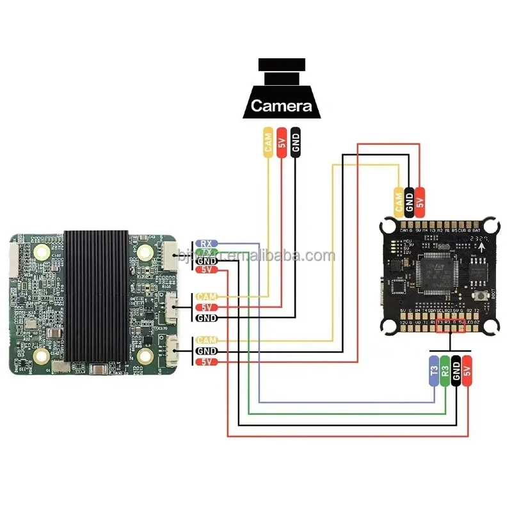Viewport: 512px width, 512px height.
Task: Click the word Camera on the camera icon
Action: coord(281,106)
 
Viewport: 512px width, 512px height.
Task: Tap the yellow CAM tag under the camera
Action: coord(268,142)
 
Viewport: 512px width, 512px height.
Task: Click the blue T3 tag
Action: coord(433,372)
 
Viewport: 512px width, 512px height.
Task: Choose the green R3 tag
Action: coord(445,372)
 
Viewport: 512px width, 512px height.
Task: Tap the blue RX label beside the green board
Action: coord(206,243)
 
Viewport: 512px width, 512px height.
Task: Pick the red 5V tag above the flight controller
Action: coord(420,200)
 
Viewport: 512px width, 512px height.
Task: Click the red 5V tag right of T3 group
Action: coord(468,372)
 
